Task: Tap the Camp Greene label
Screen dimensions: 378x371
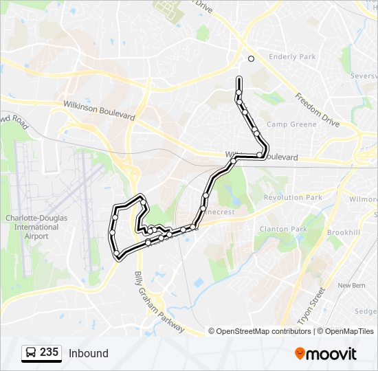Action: [x=291, y=124]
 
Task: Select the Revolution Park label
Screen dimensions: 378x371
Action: [x=293, y=197]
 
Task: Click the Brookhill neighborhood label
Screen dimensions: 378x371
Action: [x=343, y=233]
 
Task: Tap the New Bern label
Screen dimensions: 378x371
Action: [x=352, y=285]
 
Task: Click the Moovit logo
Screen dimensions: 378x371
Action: [x=326, y=354]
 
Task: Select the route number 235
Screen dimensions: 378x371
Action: [x=49, y=352]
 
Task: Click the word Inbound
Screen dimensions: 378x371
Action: [x=88, y=353]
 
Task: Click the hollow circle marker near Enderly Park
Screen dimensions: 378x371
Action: [x=251, y=58]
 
